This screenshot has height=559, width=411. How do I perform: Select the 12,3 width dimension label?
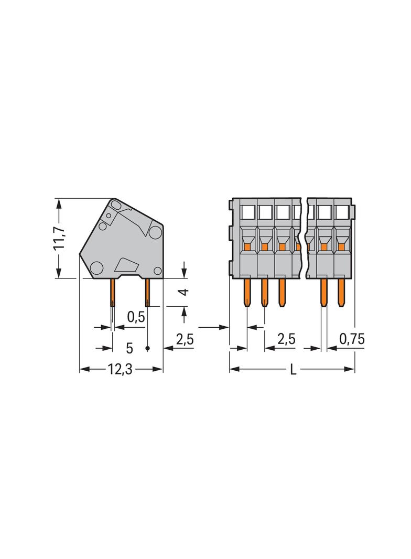click(120, 369)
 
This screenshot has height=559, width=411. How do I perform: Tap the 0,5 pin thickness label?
click(135, 317)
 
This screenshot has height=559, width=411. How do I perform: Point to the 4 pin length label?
click(183, 292)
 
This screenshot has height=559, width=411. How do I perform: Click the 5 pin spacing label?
click(129, 348)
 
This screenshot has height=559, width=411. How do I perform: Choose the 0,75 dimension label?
click(352, 339)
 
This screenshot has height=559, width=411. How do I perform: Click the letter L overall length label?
click(293, 370)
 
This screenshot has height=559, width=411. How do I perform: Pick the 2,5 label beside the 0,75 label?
click(286, 339)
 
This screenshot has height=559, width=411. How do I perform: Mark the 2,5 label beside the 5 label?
click(185, 339)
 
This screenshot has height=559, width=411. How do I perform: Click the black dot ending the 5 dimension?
click(147, 348)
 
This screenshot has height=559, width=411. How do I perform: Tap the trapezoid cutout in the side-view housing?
click(127, 264)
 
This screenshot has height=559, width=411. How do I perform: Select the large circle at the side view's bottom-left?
click(96, 268)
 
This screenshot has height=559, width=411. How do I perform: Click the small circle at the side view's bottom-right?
click(157, 270)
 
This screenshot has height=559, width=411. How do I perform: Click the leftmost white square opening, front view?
click(247, 212)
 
